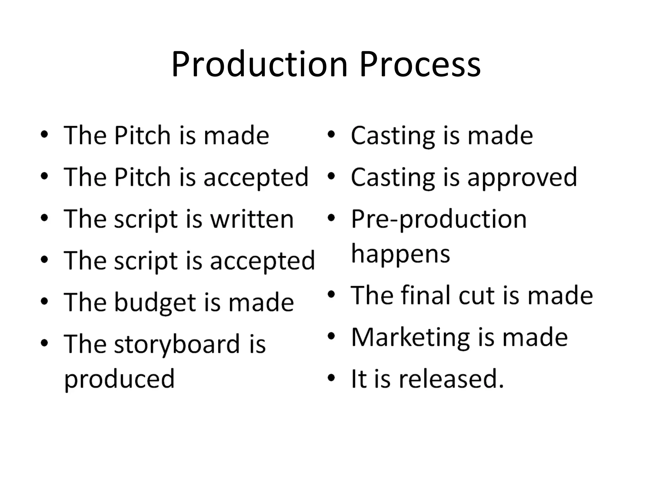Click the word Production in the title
pyautogui.click(x=259, y=65)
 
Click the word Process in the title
pyautogui.click(x=420, y=65)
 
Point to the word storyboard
pyautogui.click(x=177, y=344)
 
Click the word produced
pyautogui.click(x=119, y=379)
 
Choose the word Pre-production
pyautogui.click(x=439, y=219)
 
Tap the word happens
pyautogui.click(x=400, y=254)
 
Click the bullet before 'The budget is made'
pyautogui.click(x=45, y=301)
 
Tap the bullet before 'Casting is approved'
pyautogui.click(x=331, y=176)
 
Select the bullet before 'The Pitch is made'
pyautogui.click(x=45, y=134)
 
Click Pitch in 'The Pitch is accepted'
pyautogui.click(x=142, y=177)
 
